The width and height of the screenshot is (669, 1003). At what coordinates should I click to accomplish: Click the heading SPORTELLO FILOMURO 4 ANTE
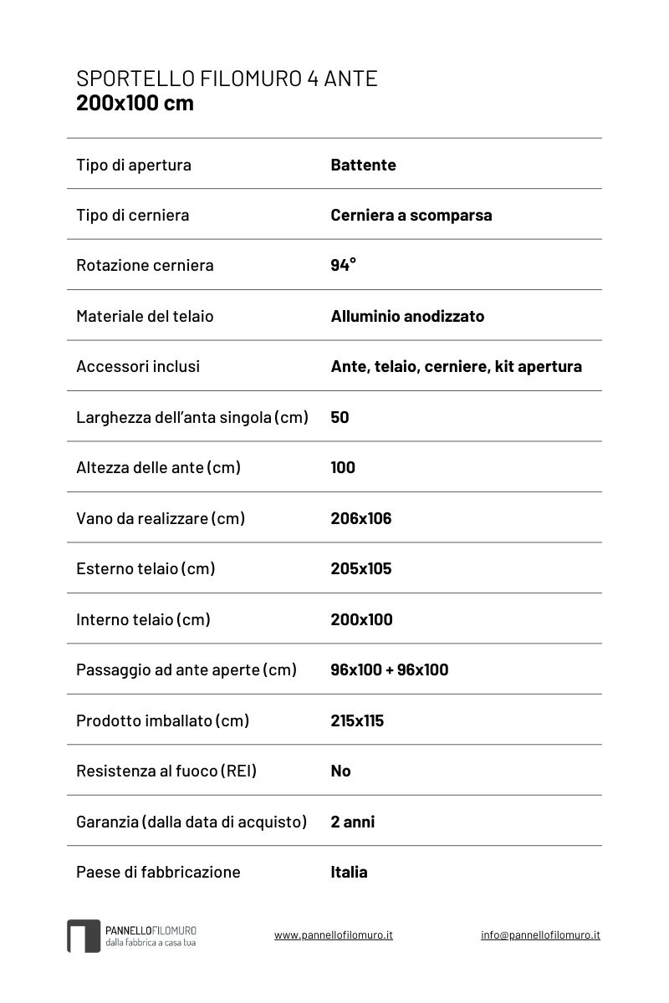click(x=227, y=79)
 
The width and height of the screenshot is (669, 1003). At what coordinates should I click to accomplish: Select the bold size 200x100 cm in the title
click(x=135, y=104)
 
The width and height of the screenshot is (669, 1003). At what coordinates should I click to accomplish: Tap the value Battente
click(x=363, y=165)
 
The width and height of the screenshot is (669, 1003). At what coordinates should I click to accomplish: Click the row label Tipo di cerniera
click(x=132, y=215)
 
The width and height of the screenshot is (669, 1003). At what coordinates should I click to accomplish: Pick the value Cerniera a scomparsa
click(x=411, y=215)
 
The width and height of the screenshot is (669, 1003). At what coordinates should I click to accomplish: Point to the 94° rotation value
click(x=343, y=265)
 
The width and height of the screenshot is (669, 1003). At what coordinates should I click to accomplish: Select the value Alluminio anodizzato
click(x=407, y=316)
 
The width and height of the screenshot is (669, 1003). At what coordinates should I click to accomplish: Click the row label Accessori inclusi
click(x=137, y=366)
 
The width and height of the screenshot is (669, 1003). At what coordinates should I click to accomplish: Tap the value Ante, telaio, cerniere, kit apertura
click(x=456, y=366)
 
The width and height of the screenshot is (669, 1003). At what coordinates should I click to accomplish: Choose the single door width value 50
click(x=340, y=417)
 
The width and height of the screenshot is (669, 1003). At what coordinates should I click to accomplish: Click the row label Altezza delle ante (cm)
click(x=158, y=467)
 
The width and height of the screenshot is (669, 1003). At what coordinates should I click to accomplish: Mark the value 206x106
click(x=360, y=518)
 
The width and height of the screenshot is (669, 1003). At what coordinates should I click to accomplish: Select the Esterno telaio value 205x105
click(x=360, y=568)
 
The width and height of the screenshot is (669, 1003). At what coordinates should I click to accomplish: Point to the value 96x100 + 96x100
click(x=389, y=670)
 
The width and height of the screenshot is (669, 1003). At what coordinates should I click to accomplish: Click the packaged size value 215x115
click(x=357, y=720)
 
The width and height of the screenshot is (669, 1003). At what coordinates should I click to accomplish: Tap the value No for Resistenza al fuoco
click(x=340, y=771)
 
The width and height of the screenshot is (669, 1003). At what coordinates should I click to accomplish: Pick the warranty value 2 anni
click(x=352, y=822)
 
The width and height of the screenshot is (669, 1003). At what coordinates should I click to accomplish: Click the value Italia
click(x=349, y=872)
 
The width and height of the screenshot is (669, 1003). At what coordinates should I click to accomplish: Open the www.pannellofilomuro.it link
click(x=333, y=935)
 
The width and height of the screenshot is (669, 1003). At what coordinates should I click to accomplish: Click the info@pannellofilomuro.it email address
click(x=540, y=935)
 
